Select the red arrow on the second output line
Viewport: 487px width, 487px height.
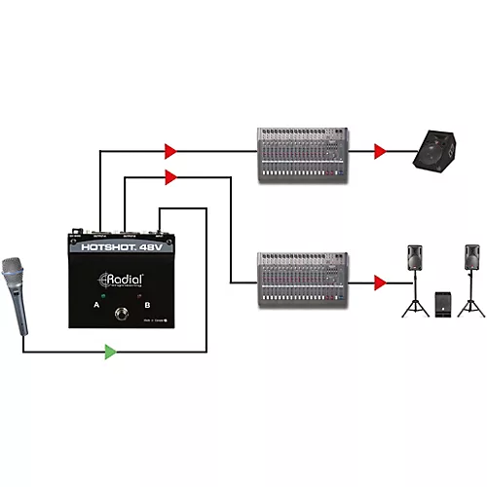(x=171, y=176)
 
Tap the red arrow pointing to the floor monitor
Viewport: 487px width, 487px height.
(x=380, y=151)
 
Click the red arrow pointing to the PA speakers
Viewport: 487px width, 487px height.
(x=380, y=282)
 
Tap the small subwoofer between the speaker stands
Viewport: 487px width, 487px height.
(x=443, y=304)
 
